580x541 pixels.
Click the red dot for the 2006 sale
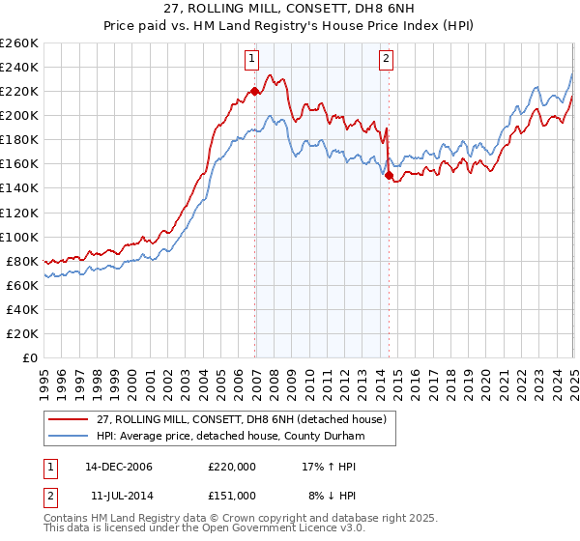point(255,91)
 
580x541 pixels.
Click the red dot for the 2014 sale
point(389,175)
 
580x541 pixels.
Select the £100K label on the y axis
point(19,237)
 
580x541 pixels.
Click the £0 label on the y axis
point(29,357)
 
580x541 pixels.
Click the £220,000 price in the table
point(232,466)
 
